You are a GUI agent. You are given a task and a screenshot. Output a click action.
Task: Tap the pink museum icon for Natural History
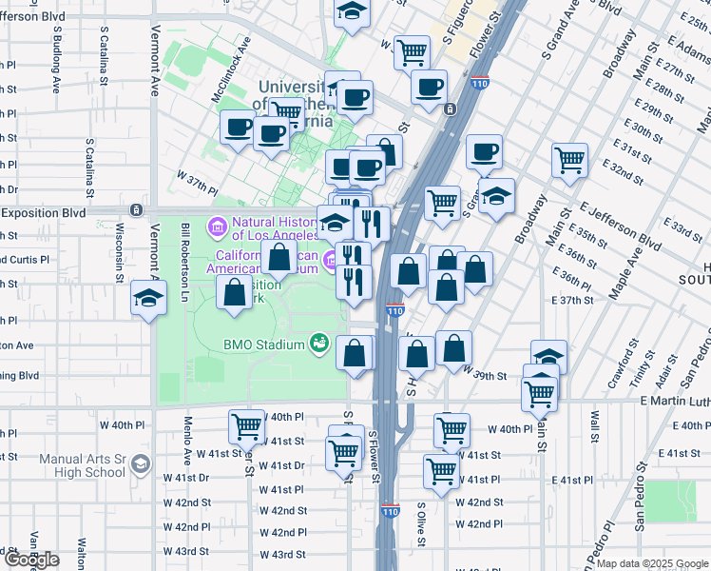(216, 227)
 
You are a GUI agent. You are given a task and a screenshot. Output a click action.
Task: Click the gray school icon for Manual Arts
(141, 464)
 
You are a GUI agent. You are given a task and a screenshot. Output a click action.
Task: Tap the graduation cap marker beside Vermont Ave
(148, 299)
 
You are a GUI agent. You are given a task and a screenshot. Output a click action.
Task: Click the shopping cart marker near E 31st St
(569, 160)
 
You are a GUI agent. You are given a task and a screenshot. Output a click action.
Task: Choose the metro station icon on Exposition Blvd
(137, 209)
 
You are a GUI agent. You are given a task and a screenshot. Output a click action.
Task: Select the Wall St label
(594, 430)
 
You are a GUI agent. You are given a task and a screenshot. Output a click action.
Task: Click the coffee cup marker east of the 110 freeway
(484, 152)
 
